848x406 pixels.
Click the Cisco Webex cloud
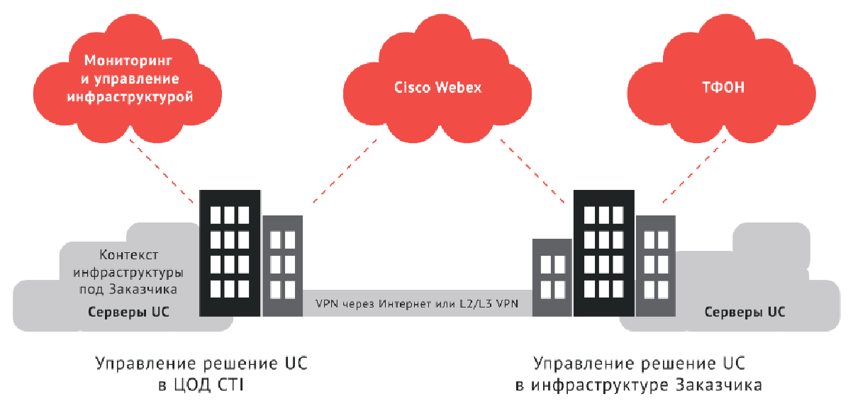coord(437,78)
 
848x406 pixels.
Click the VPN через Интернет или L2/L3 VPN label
coord(417,304)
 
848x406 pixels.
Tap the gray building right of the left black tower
coord(282,266)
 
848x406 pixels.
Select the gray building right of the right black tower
coord(654,266)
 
